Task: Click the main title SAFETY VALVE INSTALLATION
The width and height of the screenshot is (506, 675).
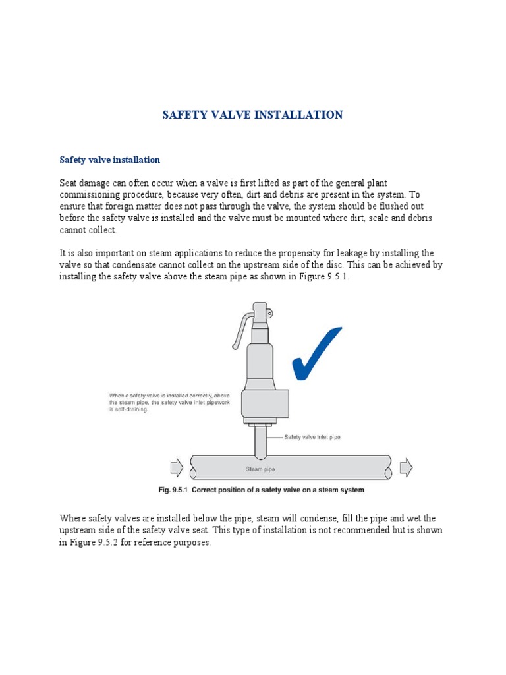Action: click(252, 115)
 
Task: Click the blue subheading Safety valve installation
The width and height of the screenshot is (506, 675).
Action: click(110, 160)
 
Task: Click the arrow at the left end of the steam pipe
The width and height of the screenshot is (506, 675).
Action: click(177, 468)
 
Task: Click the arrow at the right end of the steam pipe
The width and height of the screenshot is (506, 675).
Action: click(406, 468)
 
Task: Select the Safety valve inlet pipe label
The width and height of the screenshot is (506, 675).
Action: click(312, 436)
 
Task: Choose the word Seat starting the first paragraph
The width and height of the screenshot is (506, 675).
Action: click(69, 183)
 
